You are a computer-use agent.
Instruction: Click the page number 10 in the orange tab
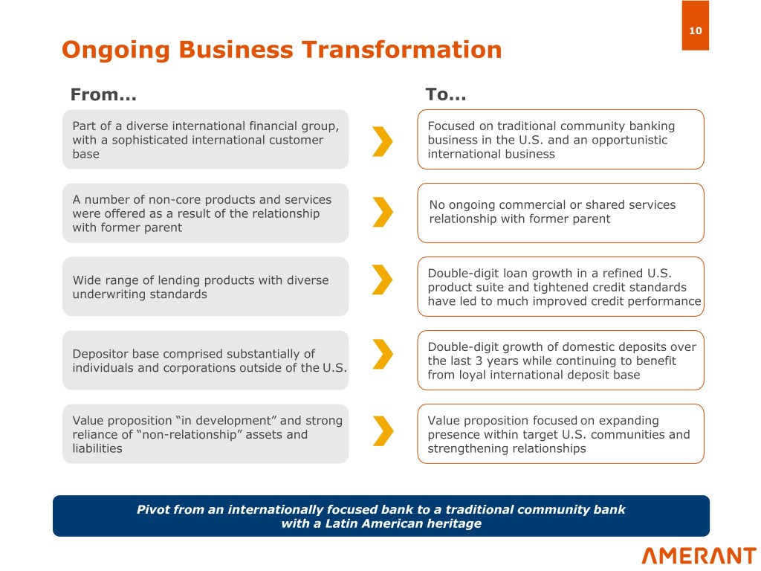695,30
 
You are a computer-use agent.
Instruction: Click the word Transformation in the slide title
401,50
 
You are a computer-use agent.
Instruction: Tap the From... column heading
103,94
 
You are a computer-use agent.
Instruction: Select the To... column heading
446,94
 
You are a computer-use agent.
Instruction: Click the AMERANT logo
699,555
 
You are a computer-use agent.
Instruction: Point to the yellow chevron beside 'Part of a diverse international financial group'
383,141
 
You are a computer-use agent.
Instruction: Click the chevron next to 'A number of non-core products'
383,212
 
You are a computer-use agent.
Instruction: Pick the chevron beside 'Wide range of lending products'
383,280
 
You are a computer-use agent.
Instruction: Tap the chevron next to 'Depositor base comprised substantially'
383,354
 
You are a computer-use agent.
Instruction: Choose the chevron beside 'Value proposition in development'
383,430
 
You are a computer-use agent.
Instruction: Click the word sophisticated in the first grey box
149,141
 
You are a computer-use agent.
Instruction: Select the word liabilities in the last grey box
97,448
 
